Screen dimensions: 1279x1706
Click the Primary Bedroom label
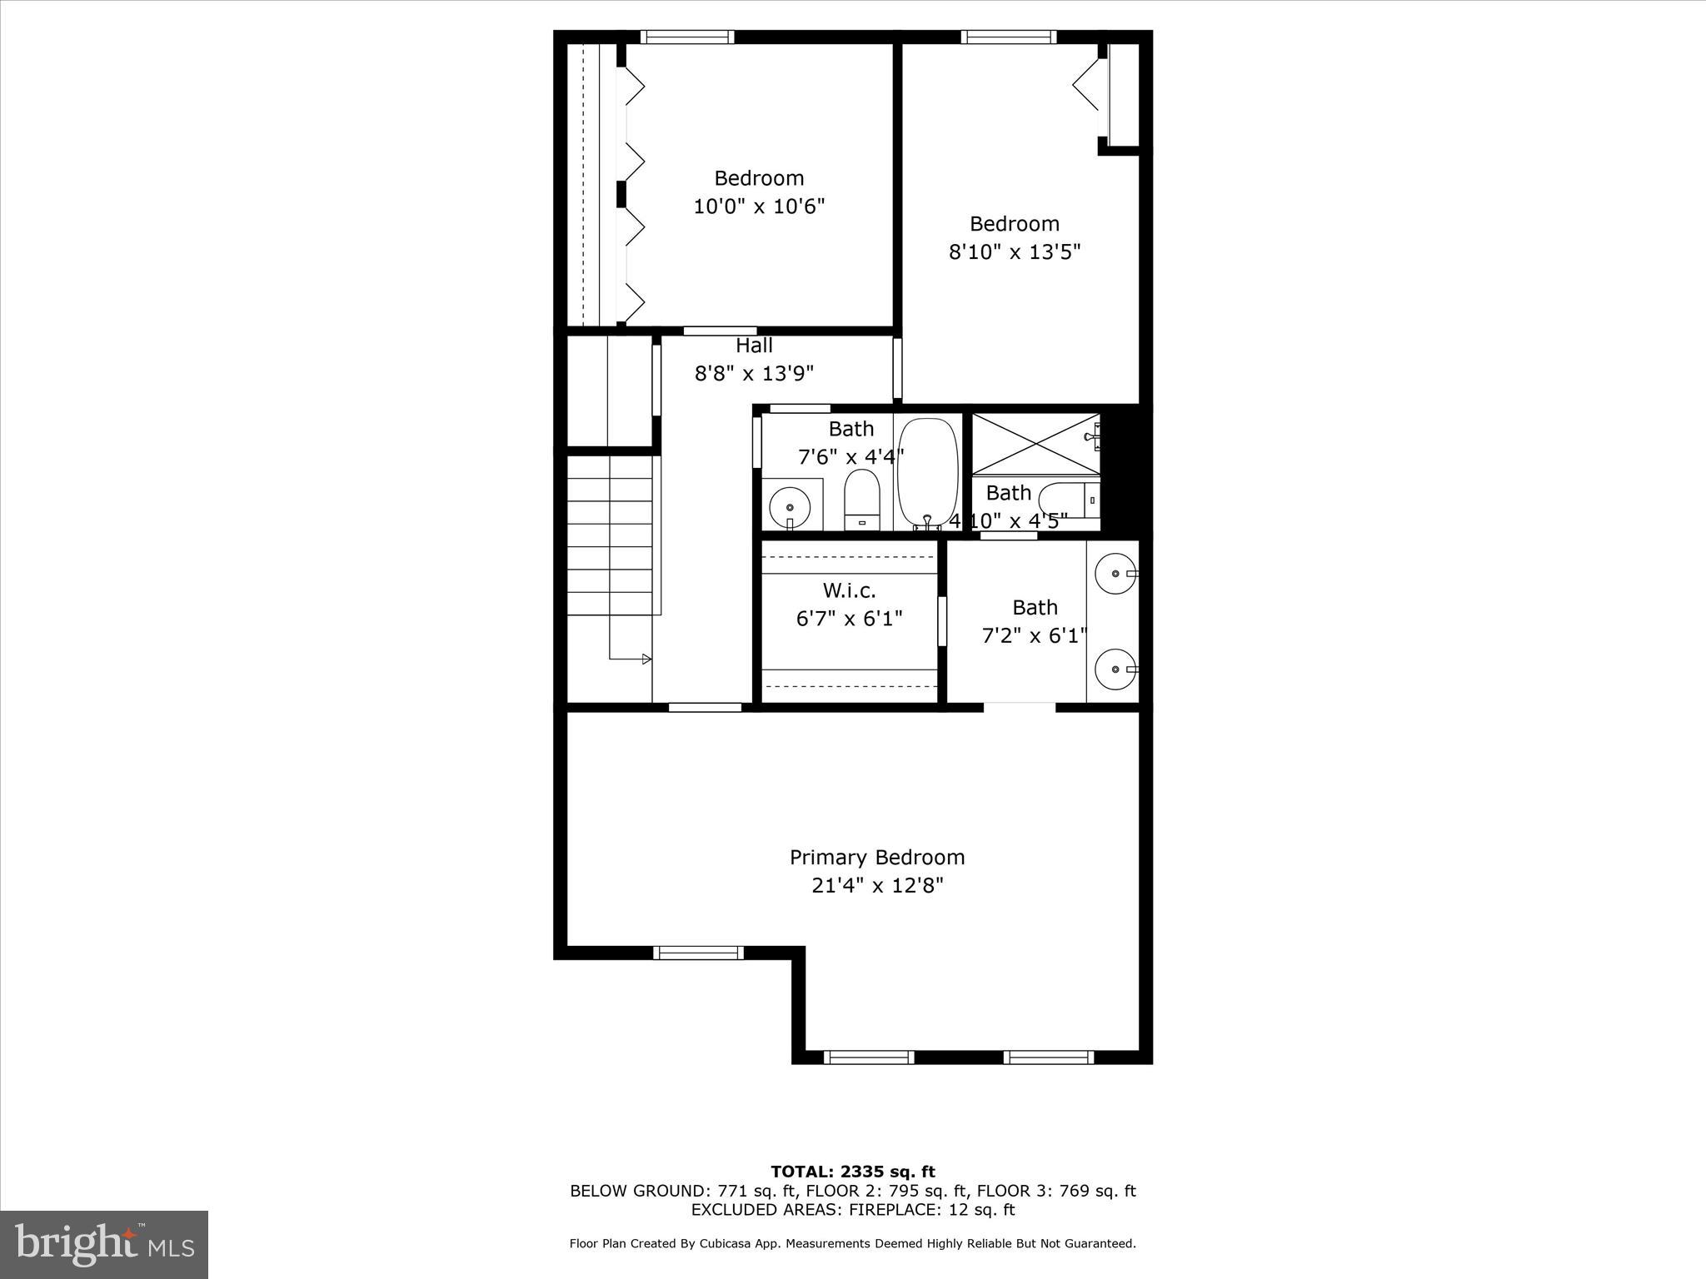point(876,857)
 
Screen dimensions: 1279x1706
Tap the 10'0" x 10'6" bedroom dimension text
point(759,206)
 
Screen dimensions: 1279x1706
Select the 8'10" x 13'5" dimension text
point(1014,251)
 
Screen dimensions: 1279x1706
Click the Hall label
point(754,345)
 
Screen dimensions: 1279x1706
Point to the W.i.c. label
point(849,590)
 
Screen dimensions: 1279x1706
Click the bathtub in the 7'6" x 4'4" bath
point(928,471)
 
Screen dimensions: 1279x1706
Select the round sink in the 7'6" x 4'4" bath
point(789,506)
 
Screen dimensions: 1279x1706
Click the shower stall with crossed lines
point(1035,444)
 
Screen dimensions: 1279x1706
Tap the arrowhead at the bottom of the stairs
point(646,659)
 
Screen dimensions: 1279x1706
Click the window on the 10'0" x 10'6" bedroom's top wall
point(687,37)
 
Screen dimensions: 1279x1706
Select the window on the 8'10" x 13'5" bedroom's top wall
point(1008,37)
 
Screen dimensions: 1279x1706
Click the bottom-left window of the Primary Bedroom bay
point(869,1057)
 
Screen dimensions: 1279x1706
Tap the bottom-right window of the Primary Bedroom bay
point(1048,1057)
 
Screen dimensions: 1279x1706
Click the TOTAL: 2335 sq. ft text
point(852,1172)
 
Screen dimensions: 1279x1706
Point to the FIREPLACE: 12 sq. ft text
point(932,1210)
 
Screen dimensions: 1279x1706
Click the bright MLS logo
point(104,1244)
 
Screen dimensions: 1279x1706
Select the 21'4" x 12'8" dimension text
point(876,885)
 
